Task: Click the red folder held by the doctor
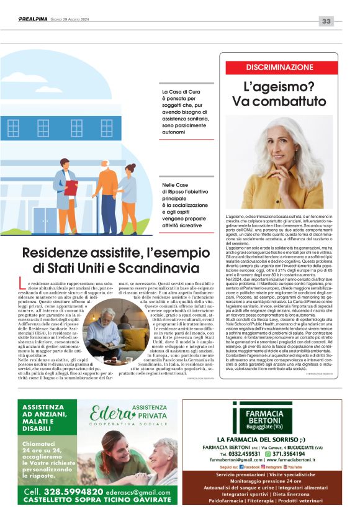[x=71, y=186]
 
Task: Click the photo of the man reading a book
[x=103, y=335]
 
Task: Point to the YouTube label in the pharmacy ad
[x=294, y=466]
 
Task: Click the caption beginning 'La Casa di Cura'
[x=184, y=112]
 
